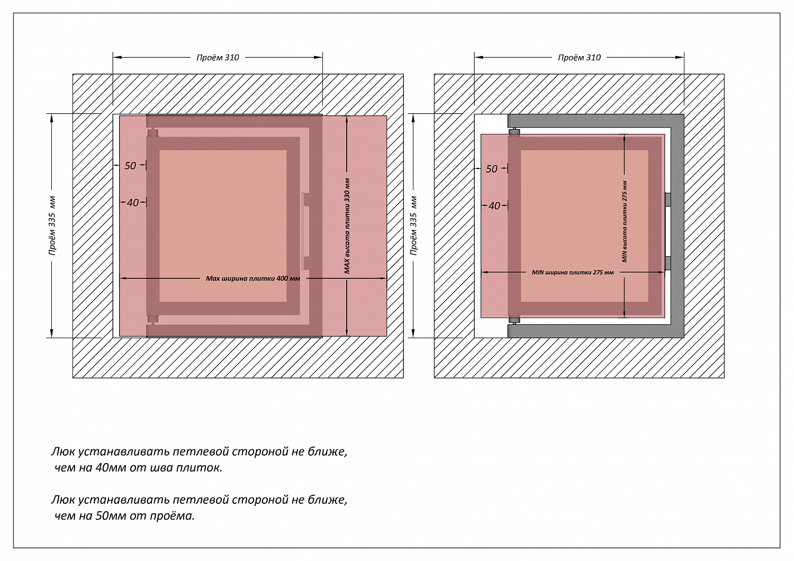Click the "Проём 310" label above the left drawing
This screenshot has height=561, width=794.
click(x=218, y=58)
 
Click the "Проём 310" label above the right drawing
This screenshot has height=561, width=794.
click(x=579, y=58)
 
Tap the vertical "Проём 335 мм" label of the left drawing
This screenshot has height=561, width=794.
click(x=52, y=226)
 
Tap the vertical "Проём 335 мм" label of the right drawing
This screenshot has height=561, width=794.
click(x=414, y=226)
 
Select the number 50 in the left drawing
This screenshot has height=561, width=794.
click(x=130, y=166)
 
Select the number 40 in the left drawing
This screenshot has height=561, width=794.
click(x=132, y=203)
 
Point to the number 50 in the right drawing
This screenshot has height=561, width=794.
click(x=492, y=169)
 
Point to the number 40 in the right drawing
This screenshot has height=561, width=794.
click(x=494, y=206)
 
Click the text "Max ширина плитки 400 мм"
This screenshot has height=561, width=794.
click(x=252, y=278)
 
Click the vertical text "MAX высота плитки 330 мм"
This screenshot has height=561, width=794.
click(x=347, y=226)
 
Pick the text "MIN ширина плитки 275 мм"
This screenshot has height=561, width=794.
click(x=573, y=273)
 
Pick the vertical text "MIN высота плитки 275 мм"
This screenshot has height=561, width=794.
click(x=625, y=222)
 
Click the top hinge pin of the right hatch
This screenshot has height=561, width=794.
click(x=514, y=131)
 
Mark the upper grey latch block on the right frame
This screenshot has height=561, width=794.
click(x=667, y=200)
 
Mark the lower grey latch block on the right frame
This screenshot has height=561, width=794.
click(x=667, y=263)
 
